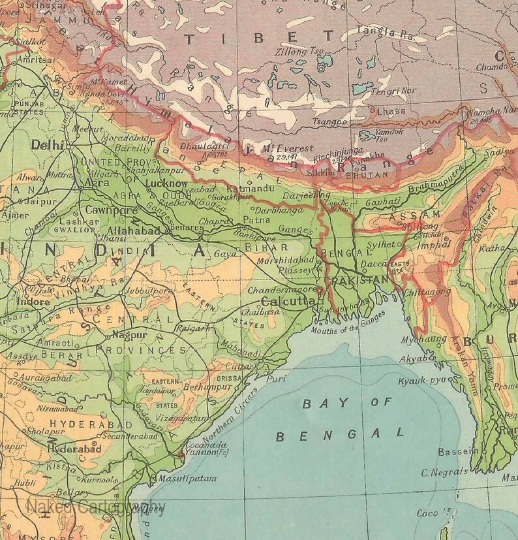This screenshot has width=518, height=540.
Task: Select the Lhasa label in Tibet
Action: point(390,110)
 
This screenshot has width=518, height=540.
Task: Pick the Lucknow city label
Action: point(167,183)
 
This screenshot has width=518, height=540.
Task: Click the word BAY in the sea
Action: point(315,404)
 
